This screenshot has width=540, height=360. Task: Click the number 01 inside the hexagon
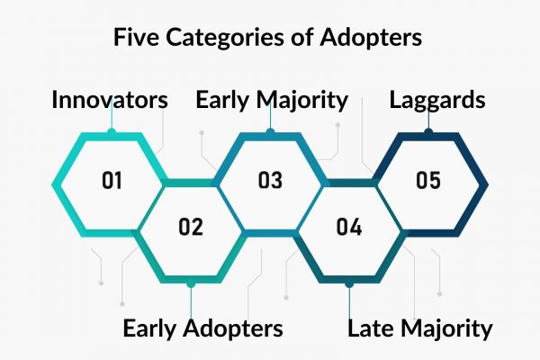click(x=112, y=180)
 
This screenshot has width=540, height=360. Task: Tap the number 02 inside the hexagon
click(x=191, y=227)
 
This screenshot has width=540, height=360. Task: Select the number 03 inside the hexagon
click(x=270, y=180)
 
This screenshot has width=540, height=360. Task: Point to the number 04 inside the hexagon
click(x=349, y=227)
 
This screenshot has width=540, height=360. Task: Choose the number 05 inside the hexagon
click(x=428, y=180)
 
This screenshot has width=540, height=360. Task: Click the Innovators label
click(x=110, y=100)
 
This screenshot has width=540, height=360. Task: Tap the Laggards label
click(x=437, y=101)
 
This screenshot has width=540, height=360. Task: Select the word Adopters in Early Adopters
click(x=233, y=329)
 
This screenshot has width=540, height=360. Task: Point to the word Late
click(x=372, y=328)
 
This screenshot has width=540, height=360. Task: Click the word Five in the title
click(x=136, y=37)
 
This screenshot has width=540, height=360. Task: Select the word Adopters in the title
click(x=371, y=38)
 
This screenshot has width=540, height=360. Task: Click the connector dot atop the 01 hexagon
click(x=112, y=131)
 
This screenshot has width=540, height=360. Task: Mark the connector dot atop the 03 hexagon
click(x=270, y=131)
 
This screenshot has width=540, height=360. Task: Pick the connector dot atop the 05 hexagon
click(x=428, y=131)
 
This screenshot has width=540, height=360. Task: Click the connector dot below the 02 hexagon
click(x=191, y=283)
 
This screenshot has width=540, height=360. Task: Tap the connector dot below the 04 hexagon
click(x=349, y=283)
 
